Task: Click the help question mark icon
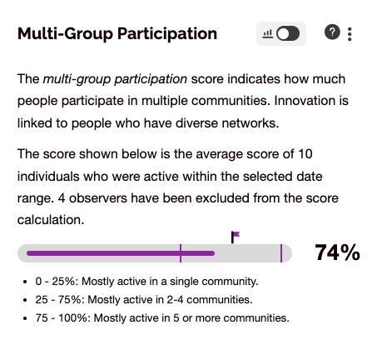[x=332, y=32]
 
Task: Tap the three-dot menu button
[x=350, y=34]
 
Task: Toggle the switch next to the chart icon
[x=288, y=33]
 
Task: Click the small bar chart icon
[x=267, y=34]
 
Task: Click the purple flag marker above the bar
[x=236, y=237]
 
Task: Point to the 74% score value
[x=337, y=252]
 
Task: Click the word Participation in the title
[x=167, y=34]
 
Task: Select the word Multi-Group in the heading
[x=65, y=33]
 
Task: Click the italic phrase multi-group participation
[x=115, y=79]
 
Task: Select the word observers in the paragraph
[x=98, y=198]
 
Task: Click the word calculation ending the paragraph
[x=51, y=220]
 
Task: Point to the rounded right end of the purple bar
[x=213, y=253]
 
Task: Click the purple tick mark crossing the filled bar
[x=181, y=253]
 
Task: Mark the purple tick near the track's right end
[x=281, y=253]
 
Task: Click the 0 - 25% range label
[x=55, y=282]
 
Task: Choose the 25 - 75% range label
[x=58, y=300]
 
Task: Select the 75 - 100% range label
[x=62, y=318]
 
